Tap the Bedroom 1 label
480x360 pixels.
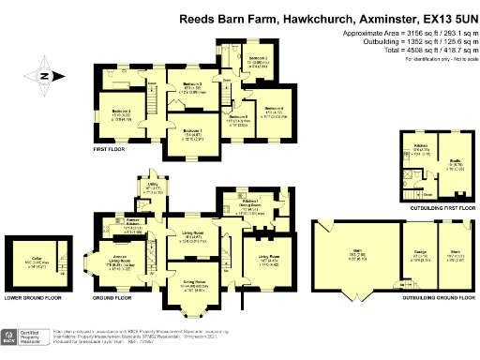(x=191, y=131)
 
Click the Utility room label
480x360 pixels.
(x=153, y=187)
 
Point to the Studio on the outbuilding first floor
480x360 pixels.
(x=453, y=163)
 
